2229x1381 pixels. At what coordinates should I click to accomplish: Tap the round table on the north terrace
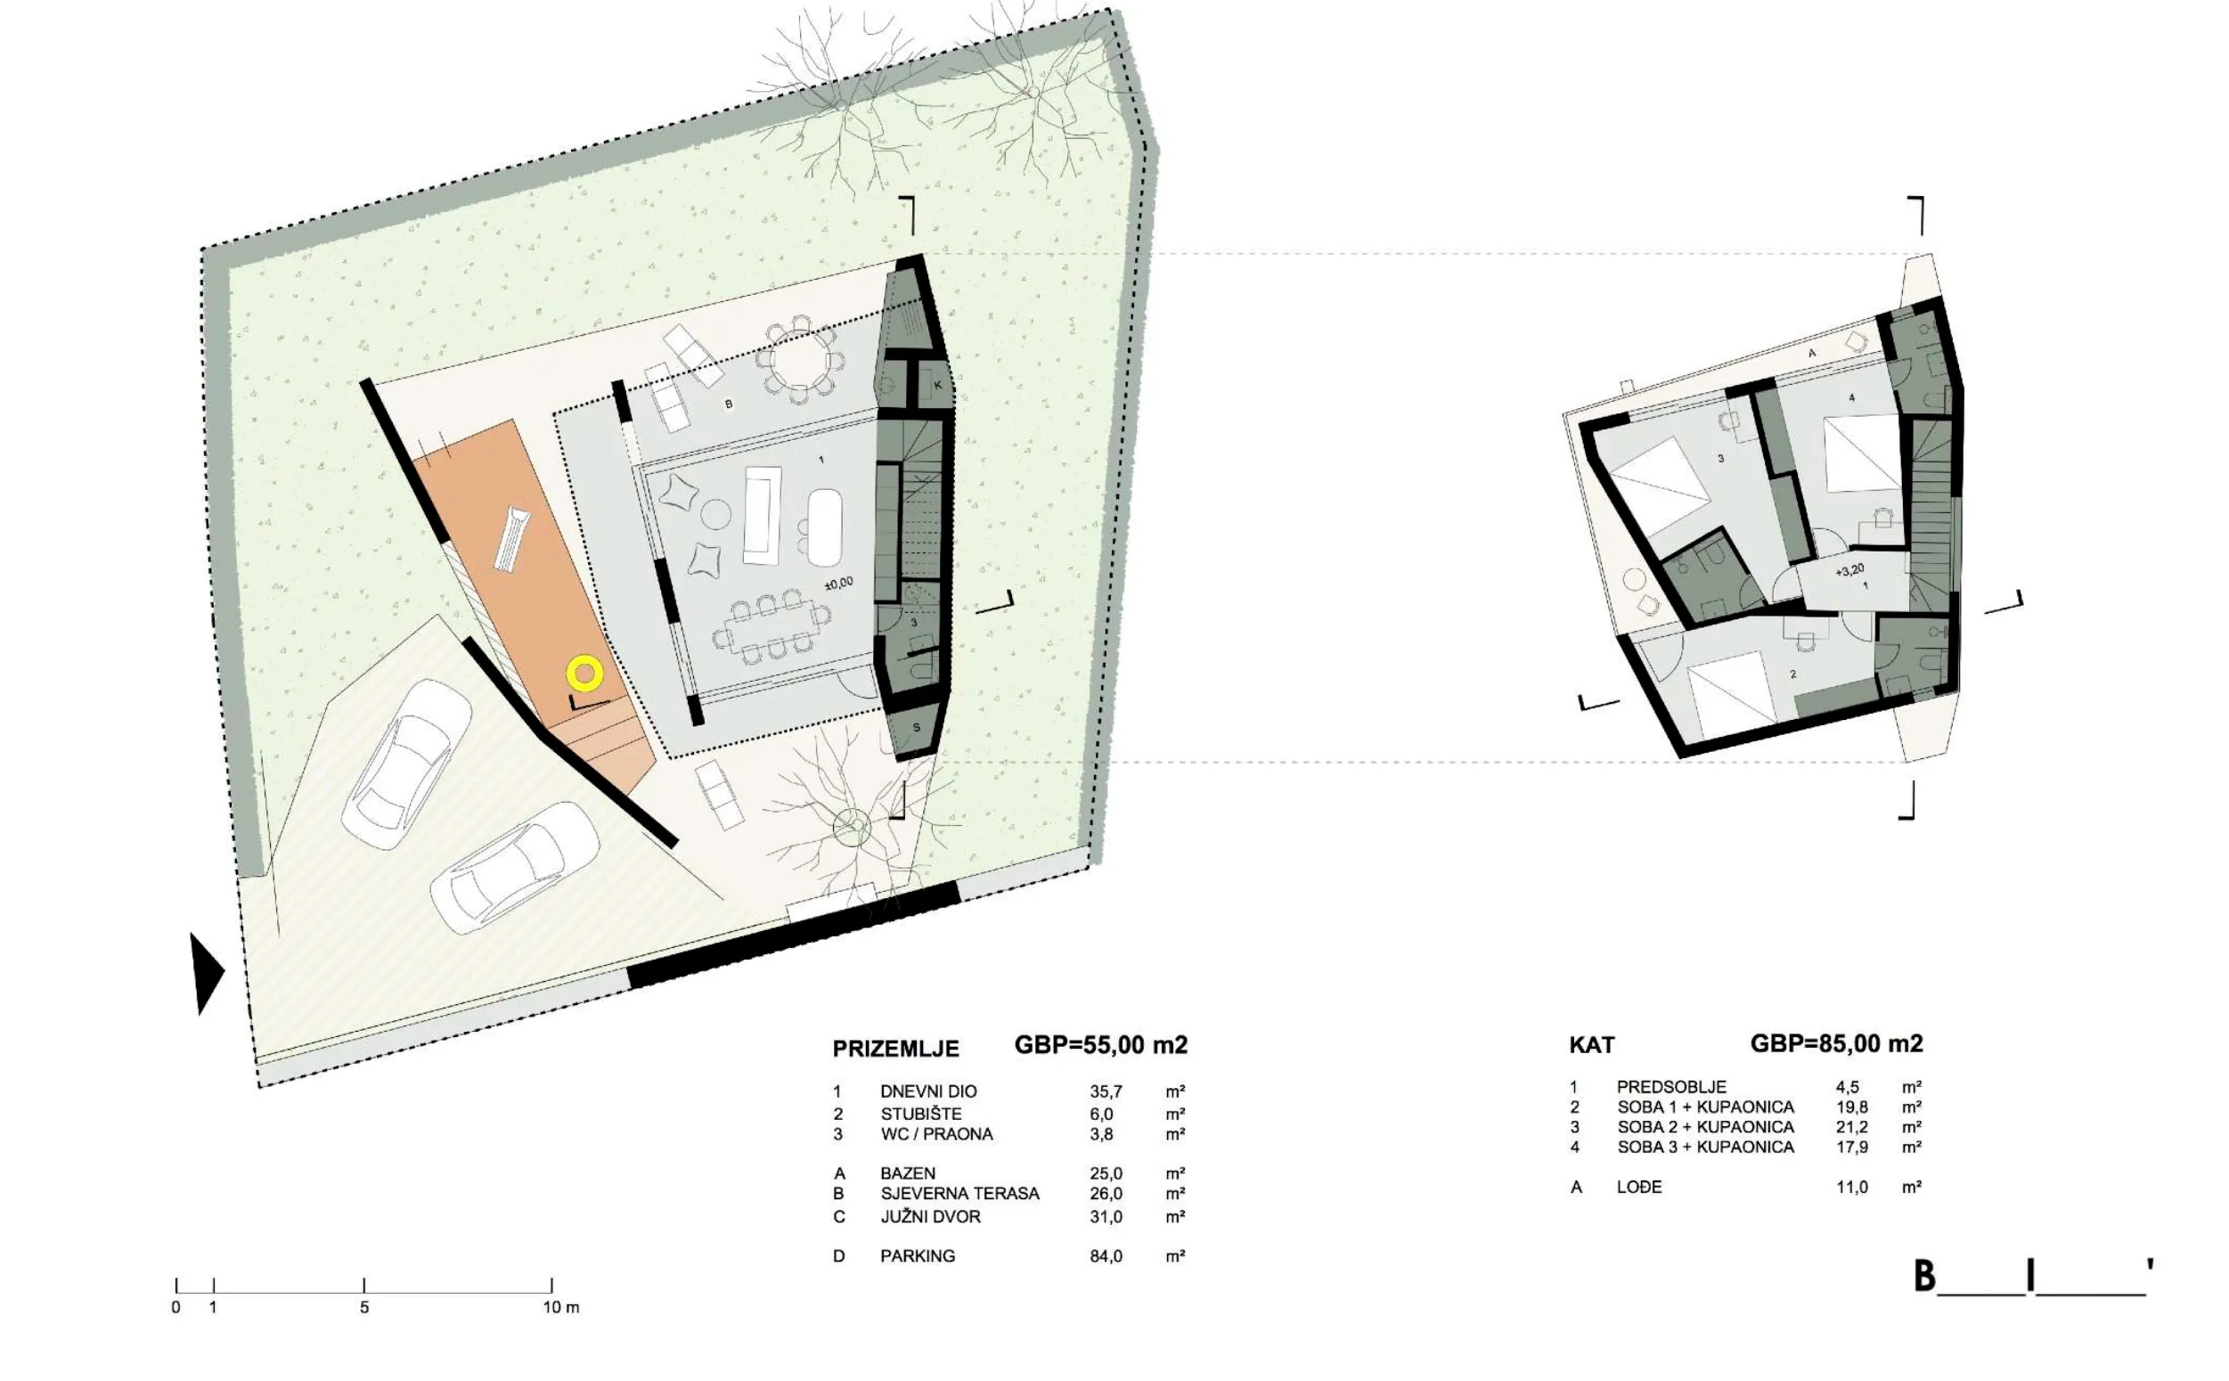[799, 360]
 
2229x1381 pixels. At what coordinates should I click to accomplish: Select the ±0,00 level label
[837, 583]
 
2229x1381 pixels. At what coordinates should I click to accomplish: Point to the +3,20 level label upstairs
[1849, 570]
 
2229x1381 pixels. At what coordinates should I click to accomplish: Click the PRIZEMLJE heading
[894, 1049]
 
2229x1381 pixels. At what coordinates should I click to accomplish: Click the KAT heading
[1591, 1045]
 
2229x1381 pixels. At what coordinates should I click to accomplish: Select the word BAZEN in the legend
[907, 1173]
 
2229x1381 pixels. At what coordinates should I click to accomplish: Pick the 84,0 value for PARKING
[1105, 1256]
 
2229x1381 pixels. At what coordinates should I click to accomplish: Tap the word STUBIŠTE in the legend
[920, 1114]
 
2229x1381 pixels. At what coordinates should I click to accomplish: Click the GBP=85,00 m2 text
[1836, 1043]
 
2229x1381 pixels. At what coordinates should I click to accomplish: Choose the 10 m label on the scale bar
[560, 1307]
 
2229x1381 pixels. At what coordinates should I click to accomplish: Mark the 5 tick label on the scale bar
[363, 1307]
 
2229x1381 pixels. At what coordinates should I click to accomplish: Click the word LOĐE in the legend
[1639, 1187]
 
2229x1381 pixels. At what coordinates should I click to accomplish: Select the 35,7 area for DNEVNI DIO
[1105, 1091]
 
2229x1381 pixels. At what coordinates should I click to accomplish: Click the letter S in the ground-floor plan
[917, 728]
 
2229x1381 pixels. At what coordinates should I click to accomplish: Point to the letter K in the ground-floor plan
[938, 386]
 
